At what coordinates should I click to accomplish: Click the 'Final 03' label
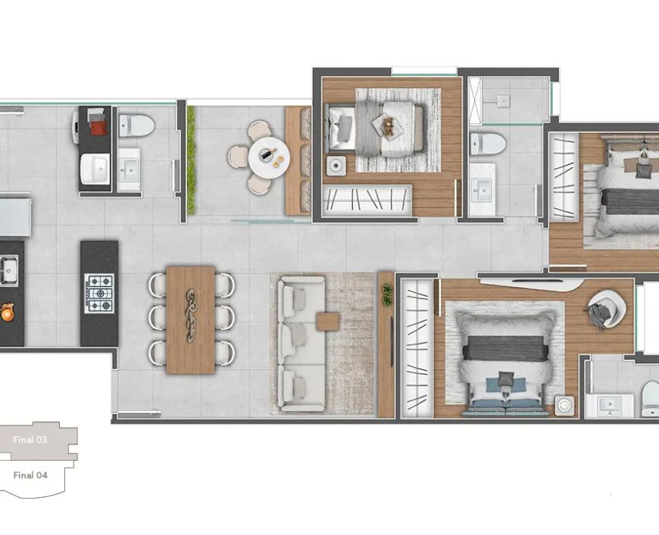point(30,440)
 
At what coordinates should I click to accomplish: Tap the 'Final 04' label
point(31,475)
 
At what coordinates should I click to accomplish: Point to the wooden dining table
point(191,319)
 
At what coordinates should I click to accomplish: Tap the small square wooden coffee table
point(328,322)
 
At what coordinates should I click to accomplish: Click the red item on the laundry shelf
point(99,128)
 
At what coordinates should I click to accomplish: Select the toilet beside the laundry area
point(136,126)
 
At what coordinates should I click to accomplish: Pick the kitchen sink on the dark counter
point(8,271)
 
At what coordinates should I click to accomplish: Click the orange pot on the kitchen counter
point(6,313)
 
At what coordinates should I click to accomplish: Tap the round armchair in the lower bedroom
point(607,309)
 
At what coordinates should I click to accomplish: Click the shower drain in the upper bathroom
point(503,101)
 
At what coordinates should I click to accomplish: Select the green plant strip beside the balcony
point(191,160)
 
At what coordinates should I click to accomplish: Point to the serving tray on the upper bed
point(388,125)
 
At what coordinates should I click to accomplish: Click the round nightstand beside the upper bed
point(336,166)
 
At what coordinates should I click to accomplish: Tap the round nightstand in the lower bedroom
point(564,406)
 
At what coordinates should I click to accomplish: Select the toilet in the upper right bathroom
point(488,144)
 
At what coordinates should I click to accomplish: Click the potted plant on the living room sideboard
point(387,295)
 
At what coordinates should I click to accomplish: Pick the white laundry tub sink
point(95,169)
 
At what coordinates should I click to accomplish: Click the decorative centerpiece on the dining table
point(191,315)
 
